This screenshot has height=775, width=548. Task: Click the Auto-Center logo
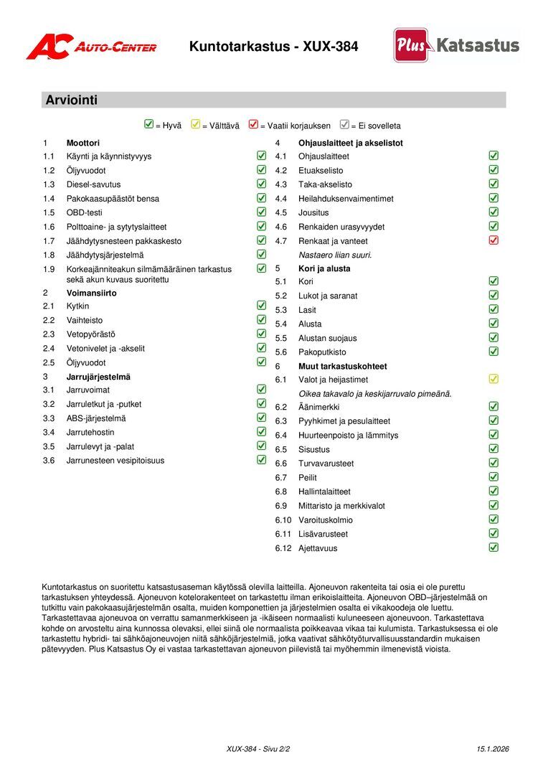pos(91,47)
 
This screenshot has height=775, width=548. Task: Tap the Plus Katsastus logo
pos(457,46)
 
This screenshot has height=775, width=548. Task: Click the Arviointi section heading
pos(71,100)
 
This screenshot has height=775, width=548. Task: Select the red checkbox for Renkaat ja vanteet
pos(493,240)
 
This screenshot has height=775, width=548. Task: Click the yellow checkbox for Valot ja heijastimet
pos(493,379)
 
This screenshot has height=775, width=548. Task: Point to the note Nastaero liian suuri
pos(335,255)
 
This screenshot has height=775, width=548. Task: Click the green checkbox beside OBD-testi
pos(261,212)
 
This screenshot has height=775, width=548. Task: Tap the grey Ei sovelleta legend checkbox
pos(344,125)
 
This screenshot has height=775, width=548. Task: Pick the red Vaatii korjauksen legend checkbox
pos(253,125)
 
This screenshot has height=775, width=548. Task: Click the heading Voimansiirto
pos(91,293)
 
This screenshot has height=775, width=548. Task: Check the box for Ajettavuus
pos(493,548)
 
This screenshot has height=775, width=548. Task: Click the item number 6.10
pos(283,520)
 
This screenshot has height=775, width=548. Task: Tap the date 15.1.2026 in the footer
pos(492,749)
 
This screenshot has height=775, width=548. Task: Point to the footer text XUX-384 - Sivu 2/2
pos(258,749)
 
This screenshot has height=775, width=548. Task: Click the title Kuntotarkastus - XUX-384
pos(273,47)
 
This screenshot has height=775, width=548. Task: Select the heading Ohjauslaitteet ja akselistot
pos(350,143)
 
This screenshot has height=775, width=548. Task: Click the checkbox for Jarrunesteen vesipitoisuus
pos(261,460)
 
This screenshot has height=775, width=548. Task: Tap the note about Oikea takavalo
pos(374,393)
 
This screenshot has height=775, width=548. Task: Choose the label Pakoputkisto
pos(322,352)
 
